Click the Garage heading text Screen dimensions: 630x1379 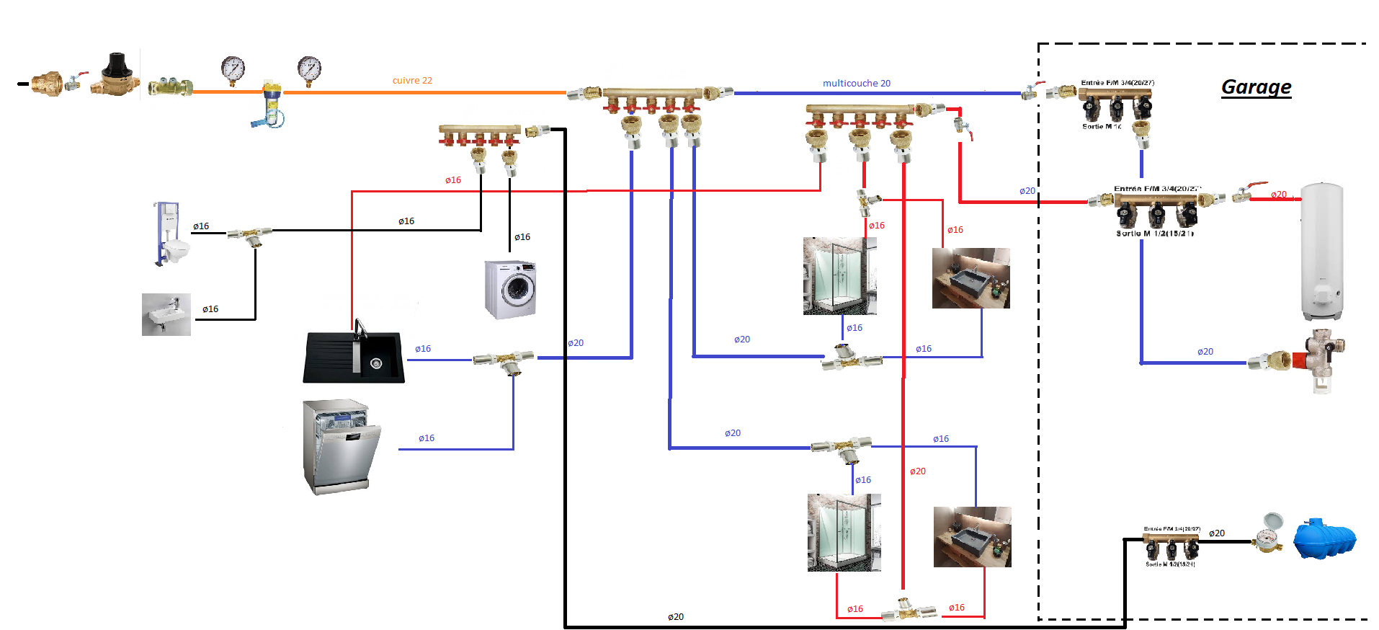click(1256, 87)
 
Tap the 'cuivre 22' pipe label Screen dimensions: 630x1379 click(412, 81)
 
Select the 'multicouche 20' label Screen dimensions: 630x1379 click(856, 84)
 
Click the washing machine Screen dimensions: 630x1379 click(511, 289)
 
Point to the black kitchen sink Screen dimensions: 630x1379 click(354, 355)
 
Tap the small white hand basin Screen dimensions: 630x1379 click(166, 314)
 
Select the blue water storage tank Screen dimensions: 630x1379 click(1324, 539)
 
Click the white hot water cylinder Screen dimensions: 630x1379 click(1321, 250)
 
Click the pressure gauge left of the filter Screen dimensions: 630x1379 click(233, 70)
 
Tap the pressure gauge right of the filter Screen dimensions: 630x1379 click(309, 70)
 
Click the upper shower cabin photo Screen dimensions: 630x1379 click(839, 276)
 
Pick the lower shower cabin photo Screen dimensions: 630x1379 click(844, 532)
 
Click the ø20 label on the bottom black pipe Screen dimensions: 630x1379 click(675, 617)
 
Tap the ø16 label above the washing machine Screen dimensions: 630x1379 click(522, 237)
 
